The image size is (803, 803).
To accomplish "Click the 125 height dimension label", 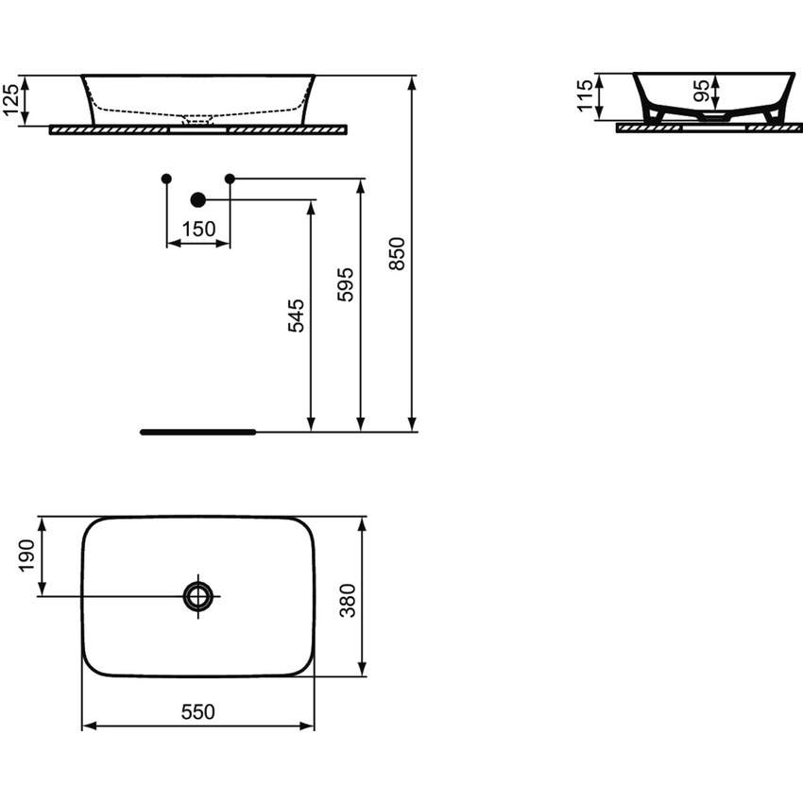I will (11, 100).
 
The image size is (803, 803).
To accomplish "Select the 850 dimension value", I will (398, 253).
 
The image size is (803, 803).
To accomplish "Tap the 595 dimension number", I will (346, 283).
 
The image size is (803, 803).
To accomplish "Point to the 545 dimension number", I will (297, 316).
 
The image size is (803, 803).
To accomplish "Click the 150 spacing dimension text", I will (198, 229).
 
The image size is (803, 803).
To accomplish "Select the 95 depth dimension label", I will (702, 92).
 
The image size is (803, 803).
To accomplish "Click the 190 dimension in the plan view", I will (26, 555).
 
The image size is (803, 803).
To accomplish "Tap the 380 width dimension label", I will (348, 599).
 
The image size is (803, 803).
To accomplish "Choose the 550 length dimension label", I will (198, 712).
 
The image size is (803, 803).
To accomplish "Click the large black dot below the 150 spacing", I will (197, 199).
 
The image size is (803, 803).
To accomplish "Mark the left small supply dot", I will (166, 179).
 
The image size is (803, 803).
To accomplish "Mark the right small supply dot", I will (230, 179).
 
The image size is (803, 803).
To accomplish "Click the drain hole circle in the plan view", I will (198, 595).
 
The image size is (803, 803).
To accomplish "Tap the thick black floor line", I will (198, 432).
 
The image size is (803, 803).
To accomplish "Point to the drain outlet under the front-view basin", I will (198, 122).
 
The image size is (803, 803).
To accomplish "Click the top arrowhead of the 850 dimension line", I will (413, 81).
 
